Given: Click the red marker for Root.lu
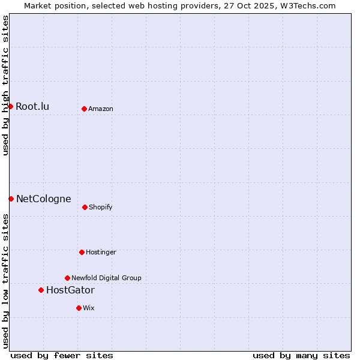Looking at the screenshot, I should coord(10,106).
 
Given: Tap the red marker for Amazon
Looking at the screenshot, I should coord(84,109).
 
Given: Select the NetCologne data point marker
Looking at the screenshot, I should coord(11,199).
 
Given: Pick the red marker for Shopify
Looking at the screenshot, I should coord(85,207).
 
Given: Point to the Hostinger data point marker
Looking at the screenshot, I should coord(82,252).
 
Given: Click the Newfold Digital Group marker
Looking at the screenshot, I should coord(67,278).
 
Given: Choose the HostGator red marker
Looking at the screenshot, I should coord(41,290).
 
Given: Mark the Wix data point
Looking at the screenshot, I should coord(79,308).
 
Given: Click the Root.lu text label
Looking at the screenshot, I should coord(32,107).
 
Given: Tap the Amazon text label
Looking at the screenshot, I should coord(101,109).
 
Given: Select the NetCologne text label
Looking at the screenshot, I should coord(43,199).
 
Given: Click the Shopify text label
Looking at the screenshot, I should coord(101,208).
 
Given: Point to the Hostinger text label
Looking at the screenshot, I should coord(101,253).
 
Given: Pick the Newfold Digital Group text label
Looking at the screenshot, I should coord(106,278).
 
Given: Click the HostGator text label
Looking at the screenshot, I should coord(70,290).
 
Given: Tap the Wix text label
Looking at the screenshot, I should coord(89,308).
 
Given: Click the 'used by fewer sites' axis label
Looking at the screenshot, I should coord(62,355).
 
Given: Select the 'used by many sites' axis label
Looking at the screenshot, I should coord(301,355).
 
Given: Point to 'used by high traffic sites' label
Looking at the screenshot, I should coord(5,85).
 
